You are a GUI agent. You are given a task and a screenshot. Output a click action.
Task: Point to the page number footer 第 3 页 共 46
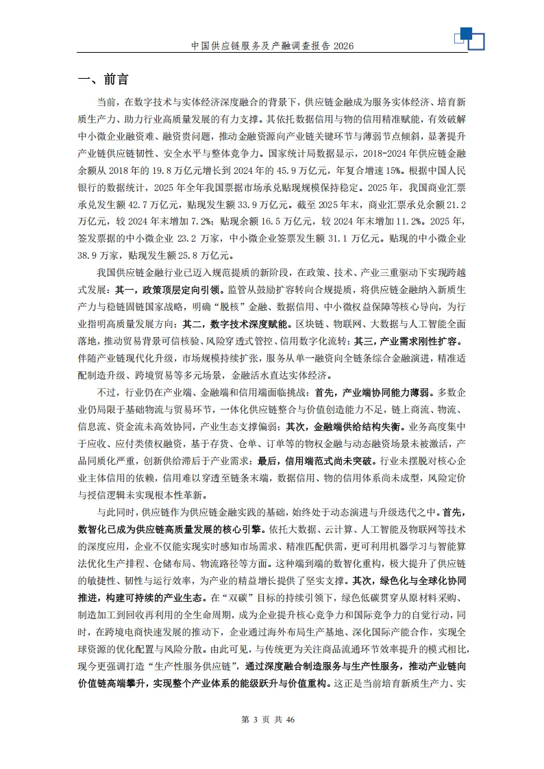point(272,719)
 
